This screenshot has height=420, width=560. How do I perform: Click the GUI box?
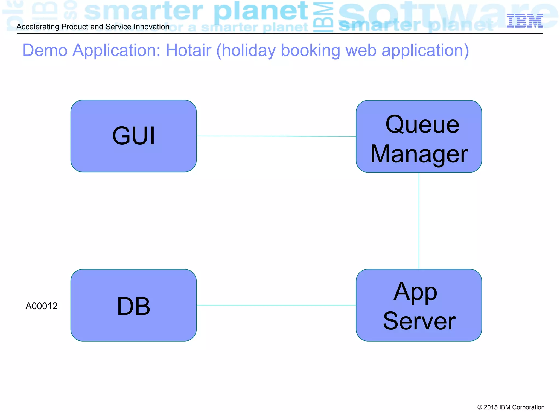click(133, 136)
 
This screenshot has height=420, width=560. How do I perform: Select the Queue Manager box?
click(419, 136)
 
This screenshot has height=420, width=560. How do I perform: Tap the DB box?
click(133, 305)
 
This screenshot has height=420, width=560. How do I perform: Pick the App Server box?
click(419, 305)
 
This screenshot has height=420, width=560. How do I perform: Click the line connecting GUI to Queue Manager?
click(276, 136)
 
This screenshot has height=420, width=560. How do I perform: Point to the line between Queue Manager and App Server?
click(419, 221)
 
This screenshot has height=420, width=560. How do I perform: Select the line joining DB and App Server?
click(276, 305)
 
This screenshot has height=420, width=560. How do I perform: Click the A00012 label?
click(42, 306)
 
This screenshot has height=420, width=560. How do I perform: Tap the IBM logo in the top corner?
click(525, 21)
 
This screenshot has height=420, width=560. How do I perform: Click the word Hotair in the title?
click(188, 50)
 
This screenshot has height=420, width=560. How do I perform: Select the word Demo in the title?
click(45, 50)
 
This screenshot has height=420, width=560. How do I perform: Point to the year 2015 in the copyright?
click(491, 407)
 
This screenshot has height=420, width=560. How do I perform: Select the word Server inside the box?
click(419, 321)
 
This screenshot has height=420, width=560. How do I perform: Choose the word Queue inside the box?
click(422, 124)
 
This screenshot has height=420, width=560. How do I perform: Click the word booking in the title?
click(310, 50)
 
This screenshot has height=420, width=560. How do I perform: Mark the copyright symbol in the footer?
click(480, 407)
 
